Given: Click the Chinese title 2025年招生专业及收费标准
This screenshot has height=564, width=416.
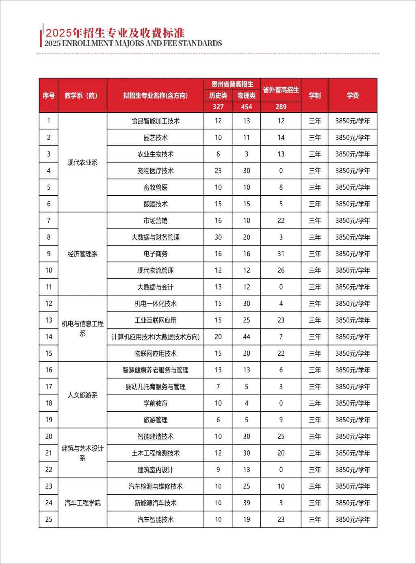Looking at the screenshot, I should (115, 32).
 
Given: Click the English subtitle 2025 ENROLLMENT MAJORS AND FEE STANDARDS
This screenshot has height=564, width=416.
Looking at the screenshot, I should (133, 43).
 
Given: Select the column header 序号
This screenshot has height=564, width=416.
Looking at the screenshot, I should (49, 95).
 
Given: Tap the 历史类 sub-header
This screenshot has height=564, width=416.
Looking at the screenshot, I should (218, 95).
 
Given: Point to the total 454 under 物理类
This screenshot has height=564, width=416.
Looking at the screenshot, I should (247, 107).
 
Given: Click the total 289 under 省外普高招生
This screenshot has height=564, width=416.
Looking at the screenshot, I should (281, 107).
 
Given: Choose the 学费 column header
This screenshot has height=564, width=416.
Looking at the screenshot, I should (353, 95).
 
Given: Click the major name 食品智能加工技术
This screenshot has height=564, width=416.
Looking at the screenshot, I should (156, 121).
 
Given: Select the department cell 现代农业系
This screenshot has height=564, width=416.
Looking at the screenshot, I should (82, 162).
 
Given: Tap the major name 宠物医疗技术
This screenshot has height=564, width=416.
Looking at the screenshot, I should (156, 171).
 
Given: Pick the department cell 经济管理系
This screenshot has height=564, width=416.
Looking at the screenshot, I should (82, 254).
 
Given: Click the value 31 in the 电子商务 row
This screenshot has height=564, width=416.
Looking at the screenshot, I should (281, 254).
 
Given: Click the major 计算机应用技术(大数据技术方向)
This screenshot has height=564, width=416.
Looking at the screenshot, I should (156, 337).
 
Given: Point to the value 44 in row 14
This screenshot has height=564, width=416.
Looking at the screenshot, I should (247, 337).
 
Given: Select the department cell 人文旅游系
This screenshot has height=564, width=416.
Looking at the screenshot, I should (82, 395).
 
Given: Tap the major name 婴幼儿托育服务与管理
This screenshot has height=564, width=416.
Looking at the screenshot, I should (156, 387).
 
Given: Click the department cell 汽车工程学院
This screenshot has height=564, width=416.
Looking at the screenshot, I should (82, 503).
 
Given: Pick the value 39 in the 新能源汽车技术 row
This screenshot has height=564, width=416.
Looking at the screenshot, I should (247, 503).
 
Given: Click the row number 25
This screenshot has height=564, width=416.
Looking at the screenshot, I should (49, 519).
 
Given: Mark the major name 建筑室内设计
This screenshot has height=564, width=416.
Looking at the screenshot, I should (156, 470).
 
